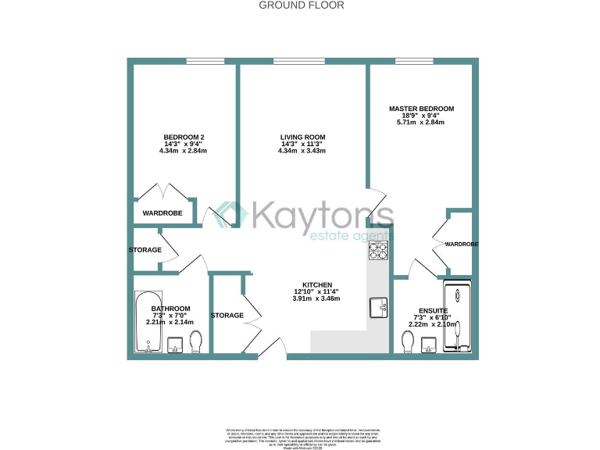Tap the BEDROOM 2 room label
coord(184,137)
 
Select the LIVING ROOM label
coord(303,137)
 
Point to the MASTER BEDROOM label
coord(421,109)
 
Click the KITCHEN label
coord(318,285)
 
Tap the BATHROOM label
coord(170,309)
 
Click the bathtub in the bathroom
coord(147,323)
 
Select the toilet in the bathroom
coord(196,341)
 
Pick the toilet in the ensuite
coord(407,341)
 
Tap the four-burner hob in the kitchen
coord(379,252)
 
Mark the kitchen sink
coord(379,307)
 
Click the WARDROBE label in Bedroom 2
coord(162,212)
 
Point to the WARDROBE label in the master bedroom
coord(461,245)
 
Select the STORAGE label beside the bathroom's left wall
coord(145,250)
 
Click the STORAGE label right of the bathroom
coord(227,316)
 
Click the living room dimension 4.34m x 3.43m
coord(303,151)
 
